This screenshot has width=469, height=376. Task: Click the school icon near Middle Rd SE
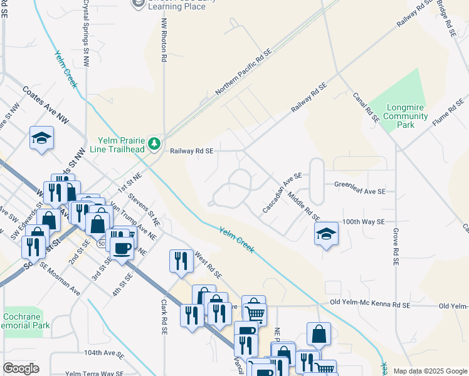(x=325, y=236)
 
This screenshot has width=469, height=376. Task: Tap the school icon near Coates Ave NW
(x=41, y=138)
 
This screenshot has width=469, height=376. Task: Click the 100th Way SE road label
(x=363, y=222)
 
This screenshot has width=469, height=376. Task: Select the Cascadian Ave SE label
(x=283, y=192)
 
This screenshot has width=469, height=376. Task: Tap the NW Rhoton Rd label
(x=164, y=39)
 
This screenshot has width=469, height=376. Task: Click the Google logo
(x=21, y=368)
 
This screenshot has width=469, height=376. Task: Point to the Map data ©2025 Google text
(x=429, y=371)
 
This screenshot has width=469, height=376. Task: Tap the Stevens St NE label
(x=144, y=209)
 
